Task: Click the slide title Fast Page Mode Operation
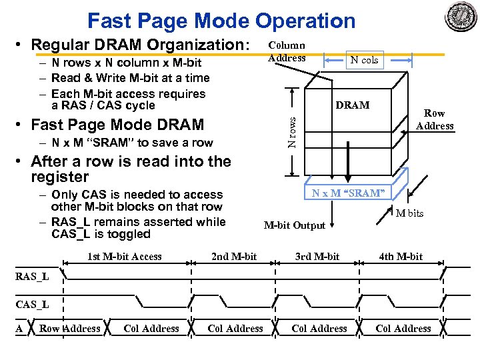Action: coord(221,21)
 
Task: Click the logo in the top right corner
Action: coord(461,16)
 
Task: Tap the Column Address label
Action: coord(287,52)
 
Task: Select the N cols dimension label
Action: coord(365,60)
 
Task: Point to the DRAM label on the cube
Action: coord(353,105)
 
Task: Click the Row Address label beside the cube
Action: coord(435,120)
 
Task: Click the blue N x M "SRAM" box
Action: coord(347,193)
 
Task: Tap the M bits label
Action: coord(409,213)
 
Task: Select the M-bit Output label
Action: coord(295,225)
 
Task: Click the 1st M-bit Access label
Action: coord(125,257)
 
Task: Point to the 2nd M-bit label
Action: coord(233,257)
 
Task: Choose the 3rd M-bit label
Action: coord(317,257)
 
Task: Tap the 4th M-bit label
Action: coord(401,257)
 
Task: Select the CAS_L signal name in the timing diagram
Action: coord(32,305)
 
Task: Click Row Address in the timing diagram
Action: coord(70,329)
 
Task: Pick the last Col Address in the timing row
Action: coord(403,329)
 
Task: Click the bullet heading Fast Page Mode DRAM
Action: coord(117,125)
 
